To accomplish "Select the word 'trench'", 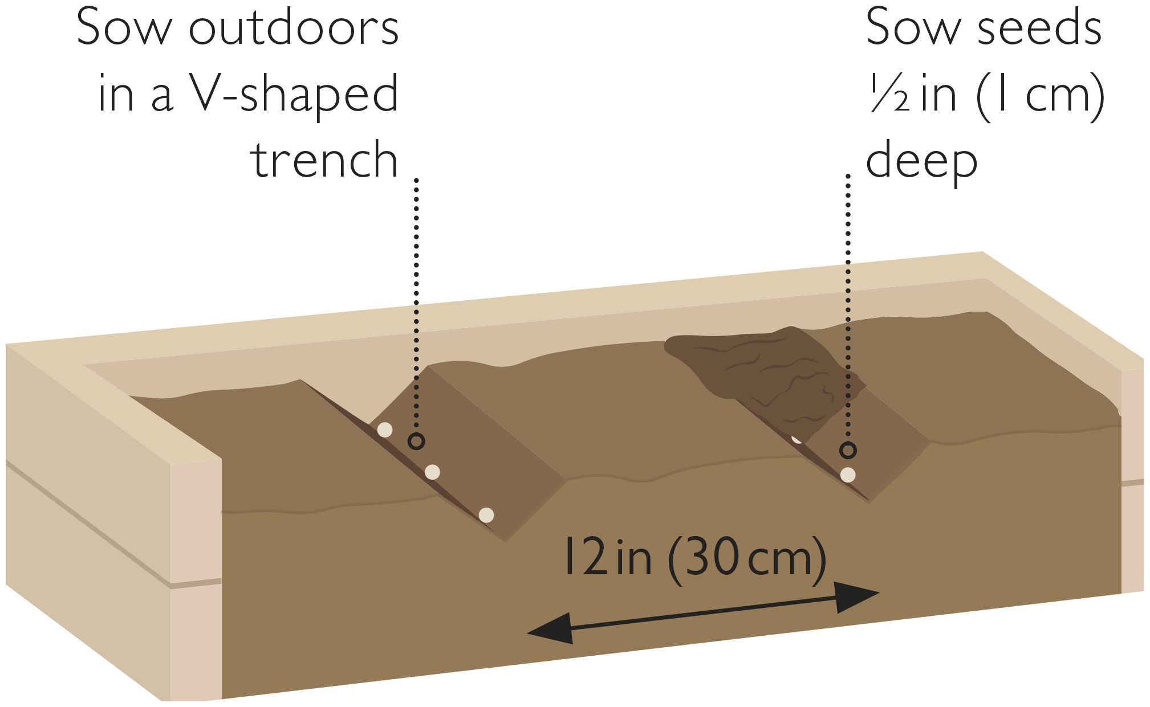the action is coord(324,160).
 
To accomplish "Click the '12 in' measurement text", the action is coord(607,557).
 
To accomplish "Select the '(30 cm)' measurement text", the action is coord(747,559).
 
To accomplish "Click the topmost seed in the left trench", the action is coord(385,430).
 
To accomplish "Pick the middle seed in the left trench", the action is coord(432,472).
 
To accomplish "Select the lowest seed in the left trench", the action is coord(486,515).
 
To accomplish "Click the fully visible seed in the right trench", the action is coord(848,475).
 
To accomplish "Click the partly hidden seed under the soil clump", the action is coord(797,439).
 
